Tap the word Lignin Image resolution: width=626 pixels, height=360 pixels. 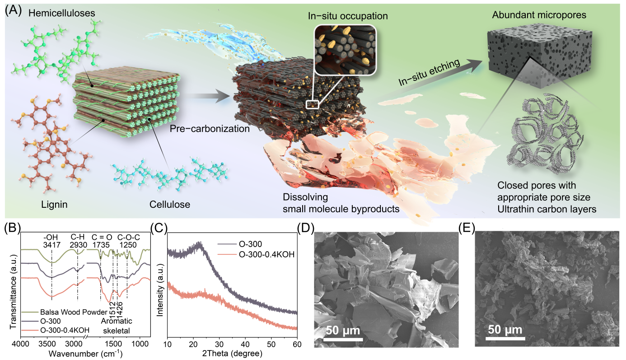(x=52, y=205)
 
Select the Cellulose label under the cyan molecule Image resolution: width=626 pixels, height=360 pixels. (x=170, y=205)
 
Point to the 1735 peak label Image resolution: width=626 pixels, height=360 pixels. (x=102, y=243)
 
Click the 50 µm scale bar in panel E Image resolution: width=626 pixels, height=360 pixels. (x=505, y=329)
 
